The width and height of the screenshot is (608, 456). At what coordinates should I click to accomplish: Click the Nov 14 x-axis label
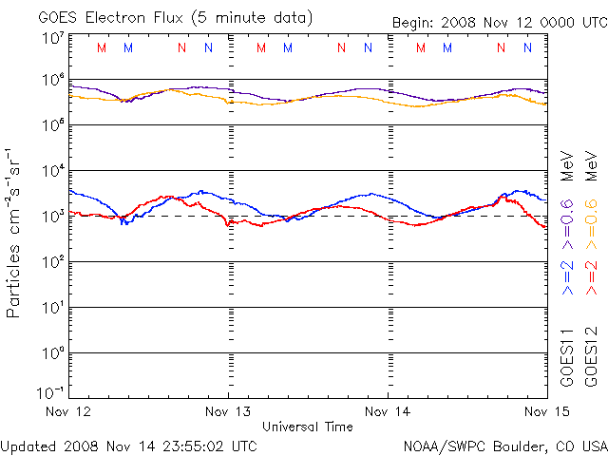pos(387,411)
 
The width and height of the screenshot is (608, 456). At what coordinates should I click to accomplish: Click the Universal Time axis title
pos(308,427)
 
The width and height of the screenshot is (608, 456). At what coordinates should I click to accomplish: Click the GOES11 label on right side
pos(567,356)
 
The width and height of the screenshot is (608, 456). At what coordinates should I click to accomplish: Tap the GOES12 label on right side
pos(590,356)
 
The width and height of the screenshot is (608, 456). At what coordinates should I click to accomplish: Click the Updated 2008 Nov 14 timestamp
pos(128,446)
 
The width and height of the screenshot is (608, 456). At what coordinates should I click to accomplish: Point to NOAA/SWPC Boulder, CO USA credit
pos(504,446)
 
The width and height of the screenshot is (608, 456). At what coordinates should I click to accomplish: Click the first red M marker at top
pos(103,47)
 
